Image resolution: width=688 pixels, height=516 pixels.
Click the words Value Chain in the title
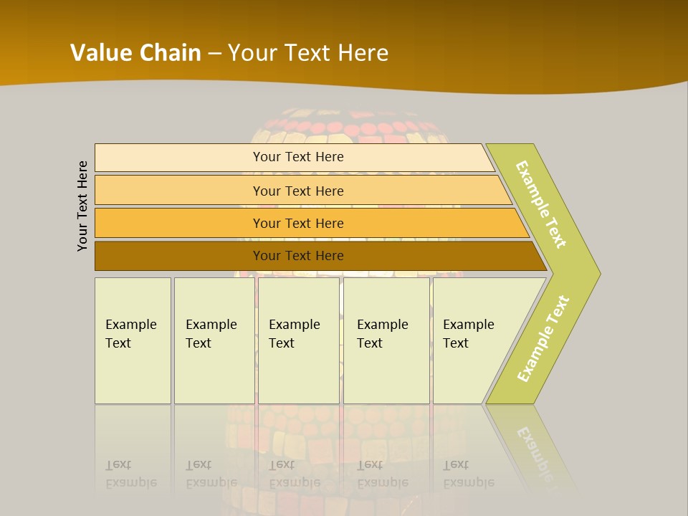[135, 53]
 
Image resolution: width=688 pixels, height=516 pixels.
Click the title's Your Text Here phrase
[308, 53]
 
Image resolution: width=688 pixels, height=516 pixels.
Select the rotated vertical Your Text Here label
[82, 206]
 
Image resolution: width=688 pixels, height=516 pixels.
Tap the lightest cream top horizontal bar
[179, 158]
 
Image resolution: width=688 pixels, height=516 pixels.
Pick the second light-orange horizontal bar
[179, 191]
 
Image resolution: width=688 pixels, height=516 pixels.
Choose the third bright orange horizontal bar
[179, 223]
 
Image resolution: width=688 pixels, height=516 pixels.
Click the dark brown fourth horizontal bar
[179, 256]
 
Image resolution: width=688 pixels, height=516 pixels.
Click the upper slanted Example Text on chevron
[541, 204]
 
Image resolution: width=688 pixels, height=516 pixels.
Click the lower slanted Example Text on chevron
[543, 338]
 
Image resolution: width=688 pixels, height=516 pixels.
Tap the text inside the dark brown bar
[298, 256]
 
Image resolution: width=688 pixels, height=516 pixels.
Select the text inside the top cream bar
[298, 157]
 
